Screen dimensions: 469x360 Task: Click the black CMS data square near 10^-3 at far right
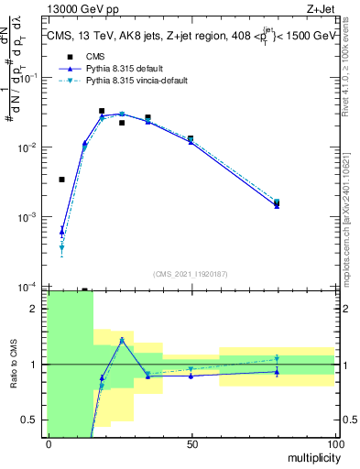277,202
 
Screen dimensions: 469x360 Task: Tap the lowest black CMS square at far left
62,180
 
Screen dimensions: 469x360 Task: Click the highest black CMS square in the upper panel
102,111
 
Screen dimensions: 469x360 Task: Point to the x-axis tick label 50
191,443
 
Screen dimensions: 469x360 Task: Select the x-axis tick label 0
49,443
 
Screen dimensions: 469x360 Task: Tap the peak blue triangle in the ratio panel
122,340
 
